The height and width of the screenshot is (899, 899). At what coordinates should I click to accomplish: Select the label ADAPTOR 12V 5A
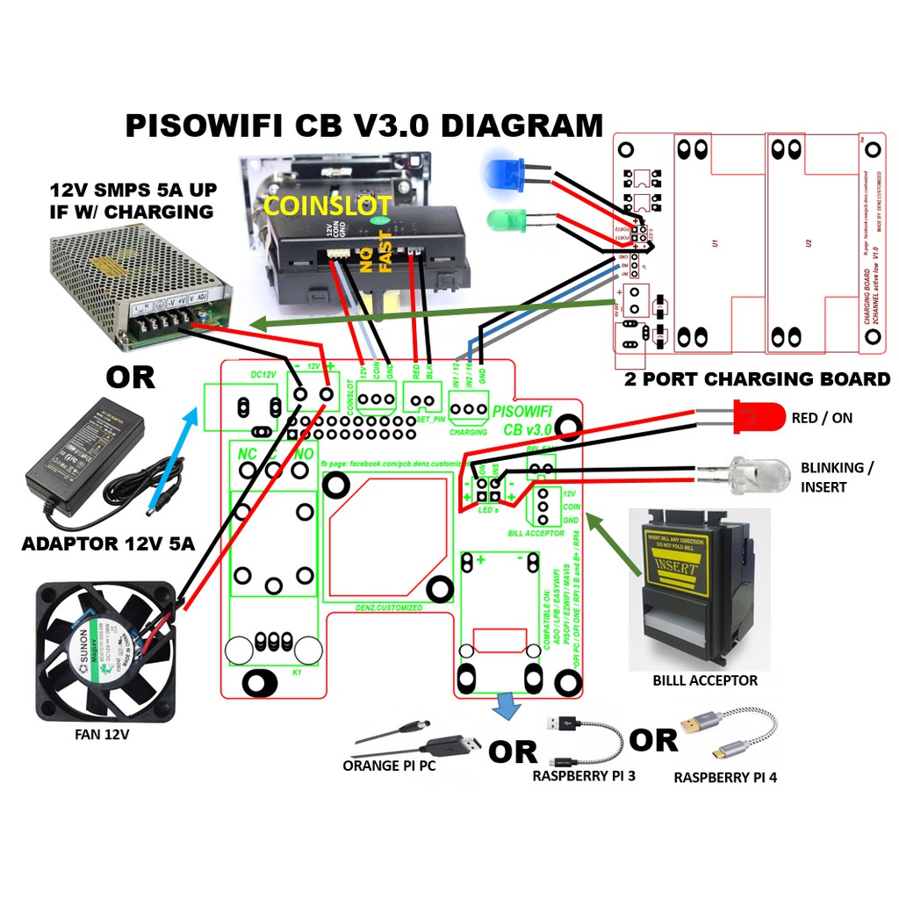tap(108, 544)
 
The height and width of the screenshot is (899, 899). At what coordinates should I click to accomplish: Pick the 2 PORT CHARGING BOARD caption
tap(757, 379)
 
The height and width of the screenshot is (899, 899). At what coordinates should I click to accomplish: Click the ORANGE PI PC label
tap(389, 766)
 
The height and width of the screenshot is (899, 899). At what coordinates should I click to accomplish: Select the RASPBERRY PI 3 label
tap(584, 776)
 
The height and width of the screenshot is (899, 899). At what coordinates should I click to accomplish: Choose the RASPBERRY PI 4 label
tap(725, 777)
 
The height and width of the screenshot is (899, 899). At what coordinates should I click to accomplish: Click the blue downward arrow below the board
tap(504, 704)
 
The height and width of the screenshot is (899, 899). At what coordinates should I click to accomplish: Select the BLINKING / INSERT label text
tap(837, 477)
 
